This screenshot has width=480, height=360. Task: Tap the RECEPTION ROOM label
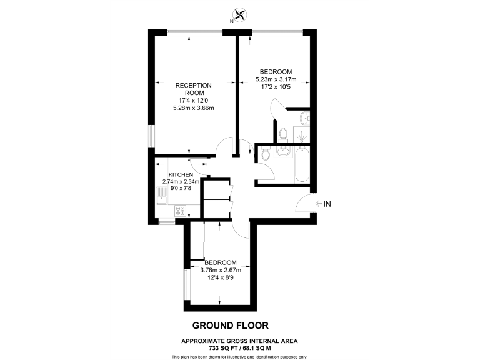pos(193,89)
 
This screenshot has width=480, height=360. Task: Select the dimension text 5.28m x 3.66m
pos(193,108)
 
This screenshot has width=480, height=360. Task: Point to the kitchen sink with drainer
pos(161,200)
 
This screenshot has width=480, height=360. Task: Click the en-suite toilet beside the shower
pos(284,133)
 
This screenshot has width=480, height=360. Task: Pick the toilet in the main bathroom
pos(264,154)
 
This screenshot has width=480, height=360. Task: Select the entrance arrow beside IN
pos(318,204)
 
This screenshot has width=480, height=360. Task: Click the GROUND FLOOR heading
pos(231,326)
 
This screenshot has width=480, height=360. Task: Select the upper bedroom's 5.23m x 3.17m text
pos(276,79)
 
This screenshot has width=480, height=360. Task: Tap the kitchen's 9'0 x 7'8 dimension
pos(180,189)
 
